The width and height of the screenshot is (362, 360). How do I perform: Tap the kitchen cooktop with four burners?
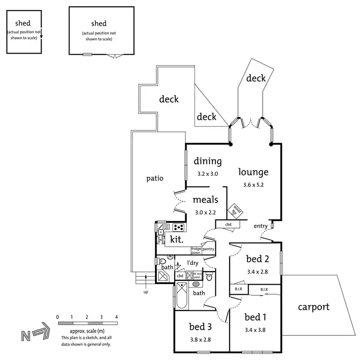178,227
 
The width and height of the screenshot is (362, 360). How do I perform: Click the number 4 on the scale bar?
116,317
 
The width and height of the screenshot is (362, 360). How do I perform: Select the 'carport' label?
313,307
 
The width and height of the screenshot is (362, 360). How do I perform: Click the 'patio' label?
155,178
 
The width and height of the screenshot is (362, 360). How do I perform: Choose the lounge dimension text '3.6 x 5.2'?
253,184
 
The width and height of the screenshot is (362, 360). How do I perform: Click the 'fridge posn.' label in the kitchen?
196,250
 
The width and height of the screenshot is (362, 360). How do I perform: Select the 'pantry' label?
209,249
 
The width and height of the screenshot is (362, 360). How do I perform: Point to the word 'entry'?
260,226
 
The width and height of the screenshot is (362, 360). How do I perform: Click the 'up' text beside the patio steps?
146,292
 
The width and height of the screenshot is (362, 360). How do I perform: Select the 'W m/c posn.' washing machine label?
197,276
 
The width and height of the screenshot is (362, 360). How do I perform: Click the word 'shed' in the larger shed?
98,23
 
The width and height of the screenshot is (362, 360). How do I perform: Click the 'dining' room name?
208,161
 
